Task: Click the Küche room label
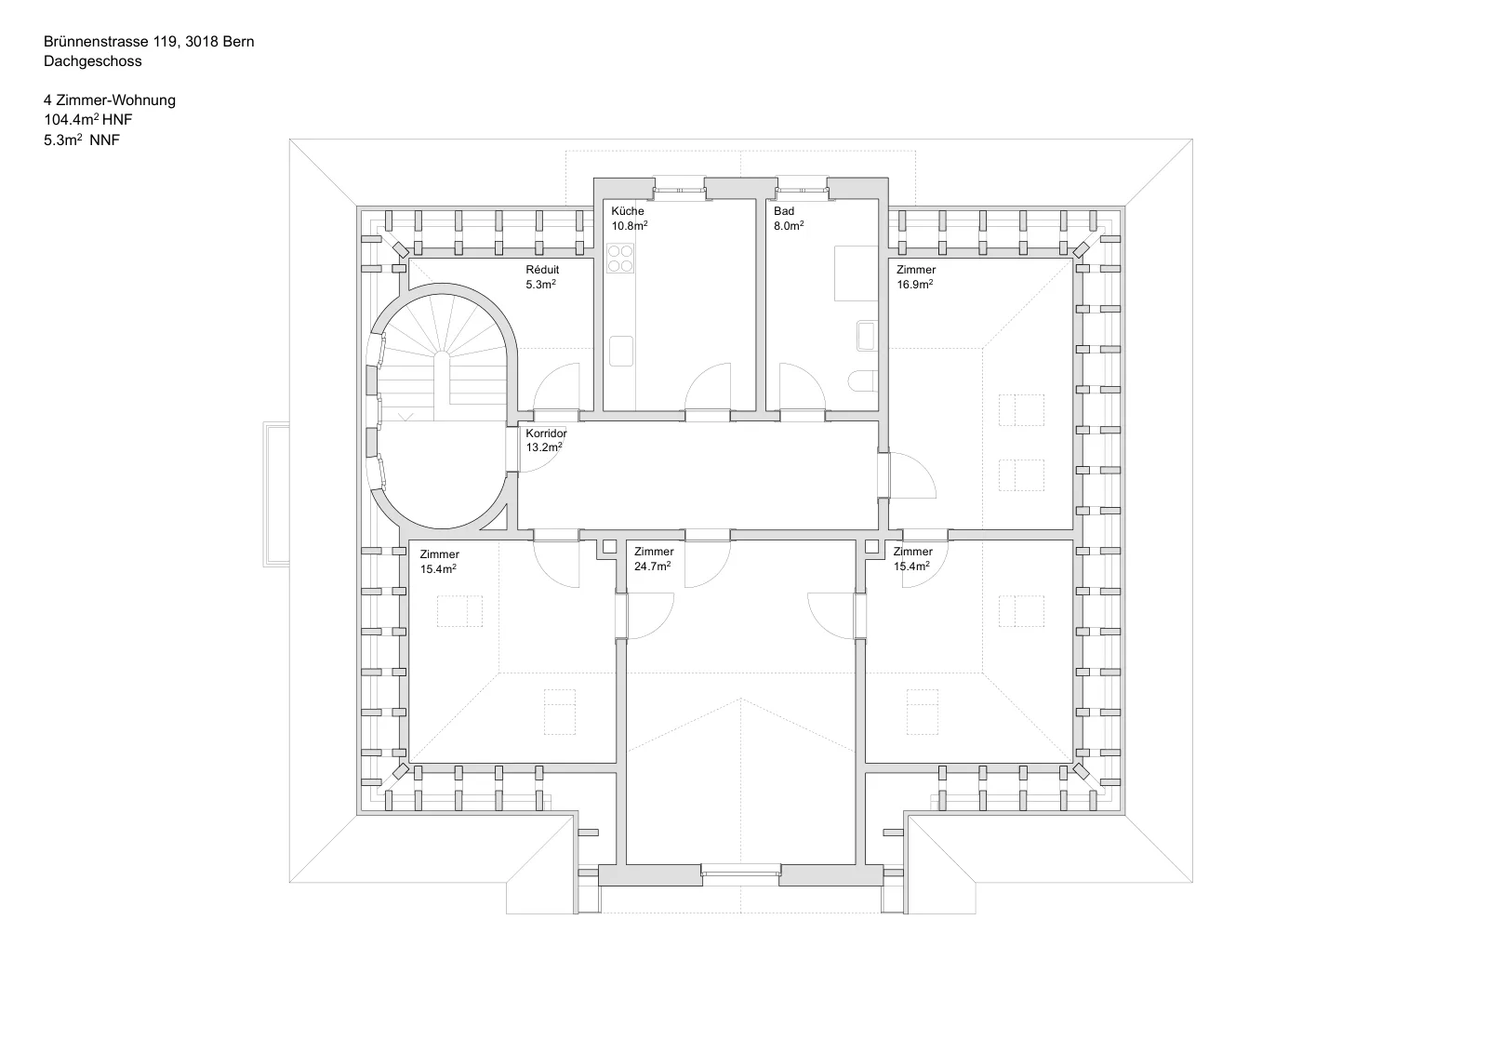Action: click(628, 211)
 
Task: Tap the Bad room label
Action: click(784, 211)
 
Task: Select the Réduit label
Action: click(542, 270)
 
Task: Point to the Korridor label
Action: click(546, 433)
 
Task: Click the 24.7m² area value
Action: click(652, 566)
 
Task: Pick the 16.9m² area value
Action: click(915, 285)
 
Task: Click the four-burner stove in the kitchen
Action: click(619, 259)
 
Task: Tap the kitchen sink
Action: click(621, 351)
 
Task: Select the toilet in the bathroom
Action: click(864, 380)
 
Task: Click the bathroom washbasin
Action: click(867, 336)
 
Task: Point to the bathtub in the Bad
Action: click(857, 273)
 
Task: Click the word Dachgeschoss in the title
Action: click(92, 61)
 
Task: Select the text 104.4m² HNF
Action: click(88, 120)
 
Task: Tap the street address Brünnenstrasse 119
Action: click(111, 41)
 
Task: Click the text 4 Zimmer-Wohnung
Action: click(110, 100)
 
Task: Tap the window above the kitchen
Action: click(679, 190)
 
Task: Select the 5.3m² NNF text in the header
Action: click(82, 140)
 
